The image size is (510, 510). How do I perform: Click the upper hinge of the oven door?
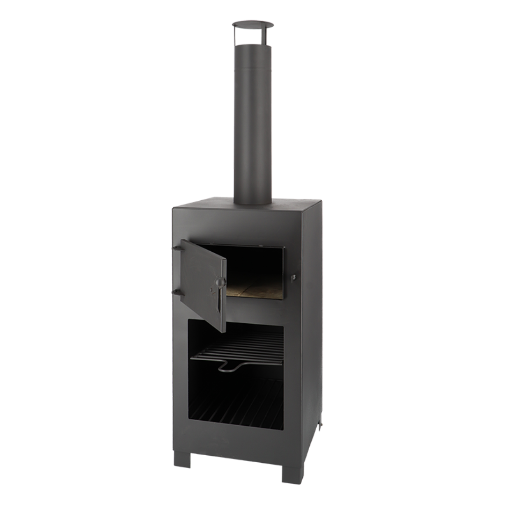(x=176, y=248)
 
